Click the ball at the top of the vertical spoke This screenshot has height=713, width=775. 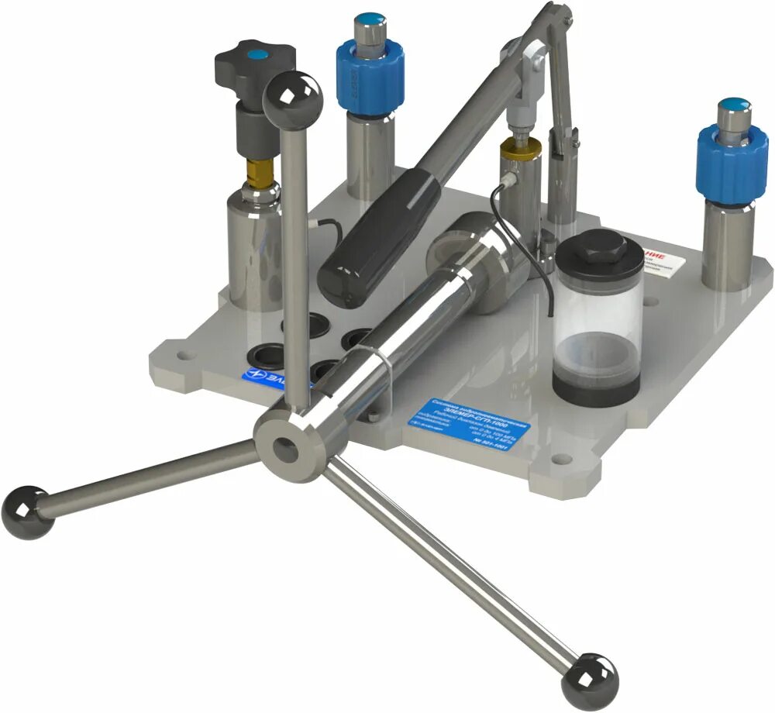(x=292, y=98)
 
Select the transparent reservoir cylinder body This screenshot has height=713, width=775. (x=597, y=325)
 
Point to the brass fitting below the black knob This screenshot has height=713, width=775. (x=260, y=174)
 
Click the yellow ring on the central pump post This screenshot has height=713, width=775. (x=521, y=149)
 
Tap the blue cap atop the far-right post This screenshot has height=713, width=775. (x=733, y=103)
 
